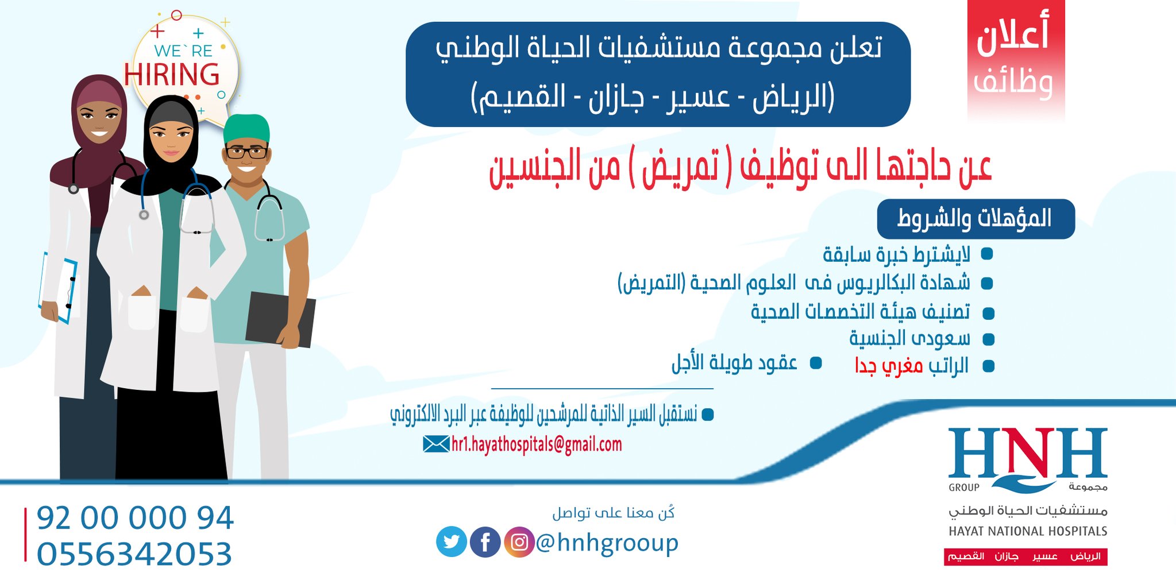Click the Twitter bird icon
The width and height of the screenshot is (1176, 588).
tap(452, 541)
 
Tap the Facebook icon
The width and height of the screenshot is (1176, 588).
tap(485, 541)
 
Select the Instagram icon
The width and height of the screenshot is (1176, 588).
tap(519, 541)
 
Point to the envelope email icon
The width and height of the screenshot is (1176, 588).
tap(436, 444)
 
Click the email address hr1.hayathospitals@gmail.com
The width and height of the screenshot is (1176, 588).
tap(537, 444)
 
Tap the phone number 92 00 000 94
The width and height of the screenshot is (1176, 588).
tap(136, 517)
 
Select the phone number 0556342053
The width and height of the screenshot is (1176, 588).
tap(134, 554)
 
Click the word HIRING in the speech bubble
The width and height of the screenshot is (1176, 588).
tap(172, 75)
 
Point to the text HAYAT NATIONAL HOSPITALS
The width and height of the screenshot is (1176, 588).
tap(1028, 531)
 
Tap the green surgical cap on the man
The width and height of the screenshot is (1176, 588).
tap(246, 129)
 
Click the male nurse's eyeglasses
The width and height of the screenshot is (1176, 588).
tap(246, 152)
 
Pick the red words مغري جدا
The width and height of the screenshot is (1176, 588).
tap(889, 366)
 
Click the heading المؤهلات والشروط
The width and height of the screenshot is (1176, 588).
tap(975, 219)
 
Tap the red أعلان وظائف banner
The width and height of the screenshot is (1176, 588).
tap(1016, 60)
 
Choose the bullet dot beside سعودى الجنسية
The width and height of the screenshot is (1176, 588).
tap(988, 339)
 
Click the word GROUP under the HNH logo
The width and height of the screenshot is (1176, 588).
tap(964, 488)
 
